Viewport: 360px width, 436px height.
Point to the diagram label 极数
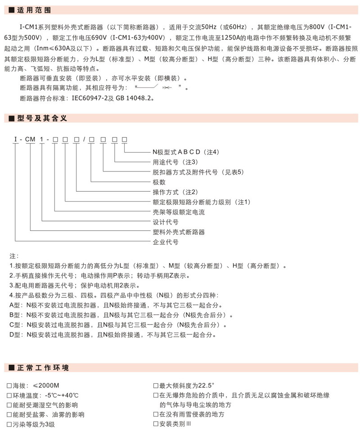pos(159,182)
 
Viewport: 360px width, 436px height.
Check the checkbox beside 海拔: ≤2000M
pos(10,386)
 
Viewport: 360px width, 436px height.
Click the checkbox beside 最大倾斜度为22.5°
pos(156,386)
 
